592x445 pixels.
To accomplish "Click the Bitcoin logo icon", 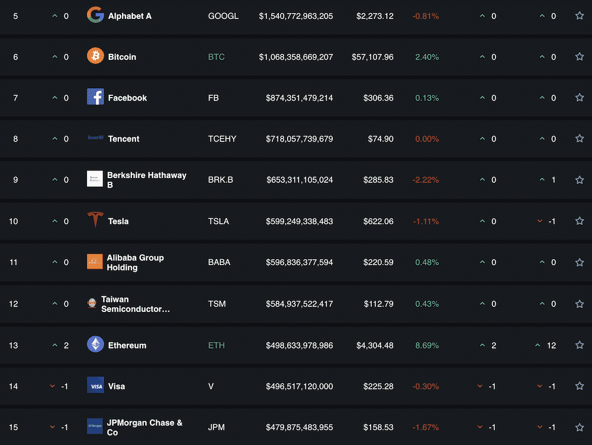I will pyautogui.click(x=95, y=57).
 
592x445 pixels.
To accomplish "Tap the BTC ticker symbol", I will pyautogui.click(x=216, y=57).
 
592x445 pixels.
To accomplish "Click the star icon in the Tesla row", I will pyautogui.click(x=580, y=221).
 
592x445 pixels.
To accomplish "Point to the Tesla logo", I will pyautogui.click(x=95, y=220).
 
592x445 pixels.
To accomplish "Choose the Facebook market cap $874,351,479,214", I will pyautogui.click(x=300, y=98).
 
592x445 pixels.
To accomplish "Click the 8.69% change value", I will pyautogui.click(x=427, y=346).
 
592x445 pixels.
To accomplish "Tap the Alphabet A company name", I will pyautogui.click(x=130, y=16).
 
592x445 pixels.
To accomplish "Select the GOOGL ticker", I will pyautogui.click(x=223, y=16).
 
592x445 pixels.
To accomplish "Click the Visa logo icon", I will pyautogui.click(x=95, y=386).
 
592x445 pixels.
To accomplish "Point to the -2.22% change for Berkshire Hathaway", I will pyautogui.click(x=426, y=180).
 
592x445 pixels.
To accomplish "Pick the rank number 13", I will pyautogui.click(x=14, y=346).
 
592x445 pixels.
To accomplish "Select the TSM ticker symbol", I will pyautogui.click(x=217, y=304).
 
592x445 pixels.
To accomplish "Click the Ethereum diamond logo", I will pyautogui.click(x=95, y=344).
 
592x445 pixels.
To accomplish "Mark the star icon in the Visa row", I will pyautogui.click(x=580, y=386).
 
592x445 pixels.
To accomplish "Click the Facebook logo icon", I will pyautogui.click(x=95, y=97).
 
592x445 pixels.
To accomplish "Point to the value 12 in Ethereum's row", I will pyautogui.click(x=551, y=346).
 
